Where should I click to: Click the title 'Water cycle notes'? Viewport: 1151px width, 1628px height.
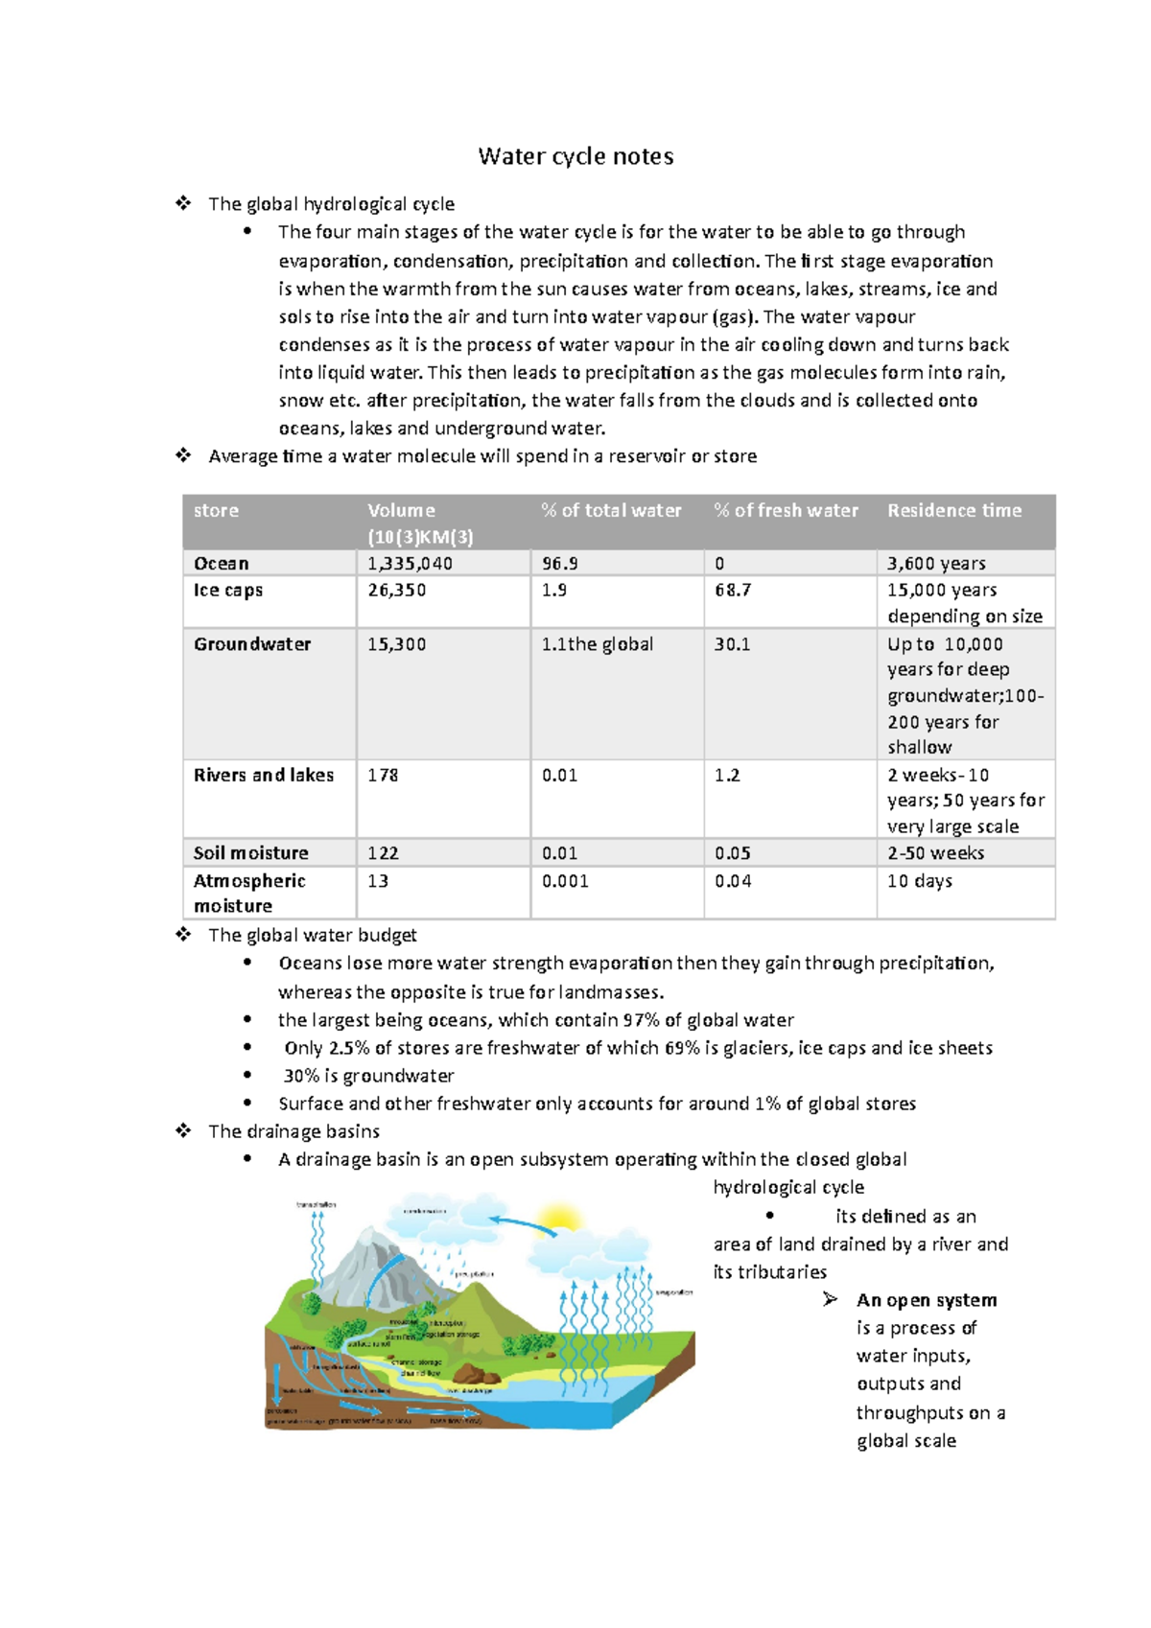[575, 156]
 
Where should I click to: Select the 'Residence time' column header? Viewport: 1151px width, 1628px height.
[953, 511]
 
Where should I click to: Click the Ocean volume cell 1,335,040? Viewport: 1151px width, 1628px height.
[410, 564]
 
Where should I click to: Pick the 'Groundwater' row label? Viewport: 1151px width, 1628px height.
[252, 644]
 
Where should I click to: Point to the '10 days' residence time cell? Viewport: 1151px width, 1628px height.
[919, 881]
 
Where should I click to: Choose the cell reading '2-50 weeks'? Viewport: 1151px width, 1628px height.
[935, 853]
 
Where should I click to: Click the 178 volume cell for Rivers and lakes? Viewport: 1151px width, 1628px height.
[383, 775]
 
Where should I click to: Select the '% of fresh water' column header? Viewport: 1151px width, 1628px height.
[786, 511]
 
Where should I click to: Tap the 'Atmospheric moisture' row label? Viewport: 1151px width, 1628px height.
[249, 894]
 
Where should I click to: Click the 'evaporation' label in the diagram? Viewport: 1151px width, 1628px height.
[673, 1292]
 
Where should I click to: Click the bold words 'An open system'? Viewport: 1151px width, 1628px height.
[926, 1300]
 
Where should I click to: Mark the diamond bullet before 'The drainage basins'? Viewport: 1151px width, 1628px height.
[183, 1131]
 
